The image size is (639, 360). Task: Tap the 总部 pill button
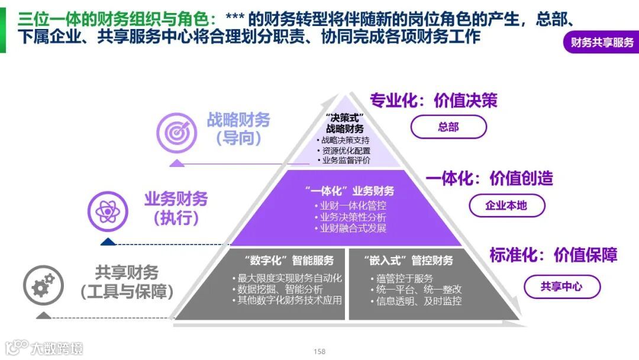pyautogui.click(x=448, y=127)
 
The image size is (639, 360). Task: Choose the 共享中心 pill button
pyautogui.click(x=561, y=287)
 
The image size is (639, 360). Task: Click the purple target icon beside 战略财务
pyautogui.click(x=176, y=131)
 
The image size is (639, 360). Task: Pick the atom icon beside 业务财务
pyautogui.click(x=108, y=210)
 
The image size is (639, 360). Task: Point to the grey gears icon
pyautogui.click(x=43, y=285)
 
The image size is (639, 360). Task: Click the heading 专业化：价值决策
pyautogui.click(x=433, y=100)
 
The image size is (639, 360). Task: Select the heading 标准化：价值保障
pyautogui.click(x=553, y=255)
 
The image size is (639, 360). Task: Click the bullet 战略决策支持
pyautogui.click(x=346, y=140)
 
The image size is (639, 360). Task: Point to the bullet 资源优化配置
pyautogui.click(x=346, y=150)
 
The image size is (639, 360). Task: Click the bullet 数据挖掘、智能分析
pyautogui.click(x=280, y=290)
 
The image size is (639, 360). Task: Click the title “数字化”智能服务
pyautogui.click(x=289, y=261)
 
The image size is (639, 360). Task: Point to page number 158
pyautogui.click(x=319, y=351)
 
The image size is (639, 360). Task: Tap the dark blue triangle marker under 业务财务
pyautogui.click(x=108, y=242)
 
